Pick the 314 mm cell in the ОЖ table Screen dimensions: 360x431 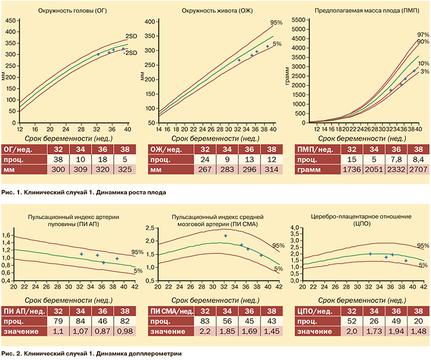click(271, 170)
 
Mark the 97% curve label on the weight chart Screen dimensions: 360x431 click(422, 34)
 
